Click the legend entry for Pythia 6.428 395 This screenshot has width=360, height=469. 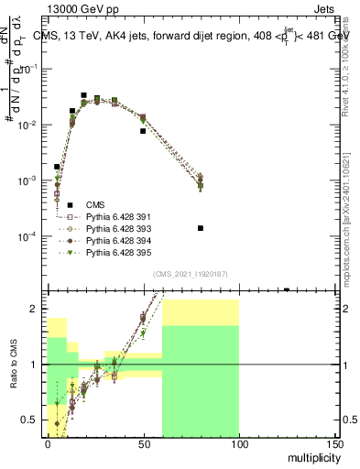(x=118, y=252)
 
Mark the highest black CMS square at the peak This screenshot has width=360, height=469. (x=83, y=95)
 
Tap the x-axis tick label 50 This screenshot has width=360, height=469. (x=143, y=443)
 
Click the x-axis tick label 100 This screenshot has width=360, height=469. (x=238, y=443)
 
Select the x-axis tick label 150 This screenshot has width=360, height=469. (x=333, y=443)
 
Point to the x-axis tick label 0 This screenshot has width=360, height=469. (x=48, y=443)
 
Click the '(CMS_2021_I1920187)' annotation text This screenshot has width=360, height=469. (x=190, y=274)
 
